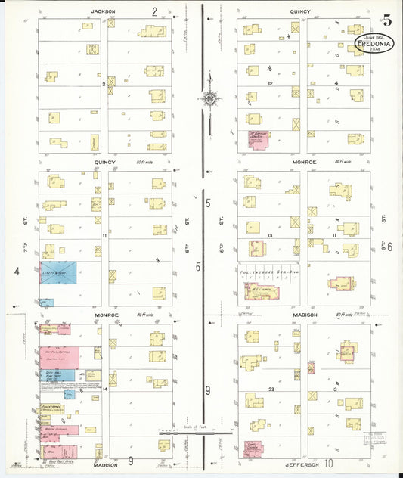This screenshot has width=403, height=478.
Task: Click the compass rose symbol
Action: [x=208, y=98]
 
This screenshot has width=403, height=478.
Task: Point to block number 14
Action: [x=105, y=390]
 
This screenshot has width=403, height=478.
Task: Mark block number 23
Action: [x=270, y=388]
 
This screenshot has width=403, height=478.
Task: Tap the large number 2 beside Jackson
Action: [x=154, y=11]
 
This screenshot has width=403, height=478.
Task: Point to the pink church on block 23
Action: [x=253, y=448]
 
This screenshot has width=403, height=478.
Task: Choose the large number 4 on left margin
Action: [x=16, y=270]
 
